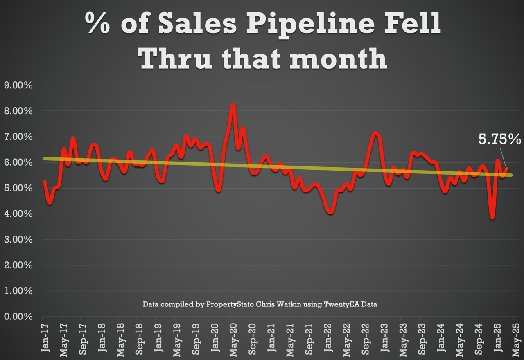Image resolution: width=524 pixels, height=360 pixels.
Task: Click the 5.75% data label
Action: (x=499, y=139)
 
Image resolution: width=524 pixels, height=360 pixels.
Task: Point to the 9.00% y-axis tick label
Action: (x=18, y=85)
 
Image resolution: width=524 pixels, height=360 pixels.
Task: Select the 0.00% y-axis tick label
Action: (x=18, y=317)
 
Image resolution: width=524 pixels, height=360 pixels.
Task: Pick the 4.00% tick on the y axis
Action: (x=18, y=214)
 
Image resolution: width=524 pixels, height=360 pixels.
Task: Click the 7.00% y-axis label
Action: (x=18, y=137)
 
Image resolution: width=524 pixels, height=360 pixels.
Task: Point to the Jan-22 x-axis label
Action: (x=327, y=337)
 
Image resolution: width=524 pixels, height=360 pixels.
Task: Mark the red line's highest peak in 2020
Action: (x=233, y=105)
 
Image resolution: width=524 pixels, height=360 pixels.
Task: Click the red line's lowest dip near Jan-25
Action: (x=492, y=218)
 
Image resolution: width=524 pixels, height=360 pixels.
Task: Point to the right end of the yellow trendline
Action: (x=511, y=175)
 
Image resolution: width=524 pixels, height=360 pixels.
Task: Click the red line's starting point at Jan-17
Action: (x=44, y=181)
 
